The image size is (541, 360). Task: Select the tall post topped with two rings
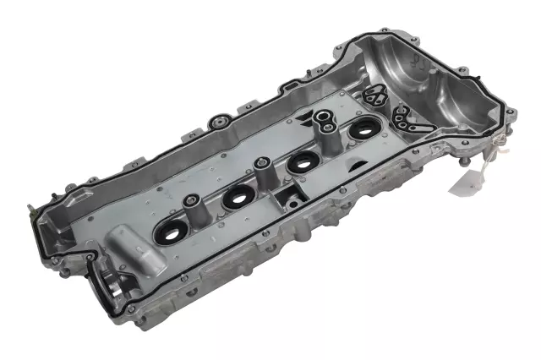click(x=325, y=127)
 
